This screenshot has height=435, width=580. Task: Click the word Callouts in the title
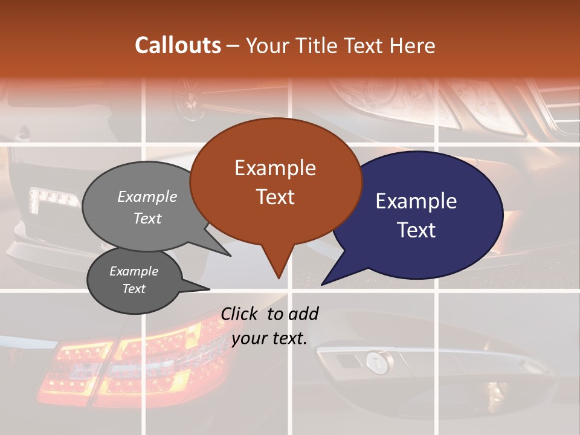(178, 45)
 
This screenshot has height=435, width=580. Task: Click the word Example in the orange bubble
(275, 168)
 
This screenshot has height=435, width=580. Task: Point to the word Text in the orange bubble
(275, 196)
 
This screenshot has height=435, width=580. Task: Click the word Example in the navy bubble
(416, 201)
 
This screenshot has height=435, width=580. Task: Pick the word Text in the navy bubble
(416, 230)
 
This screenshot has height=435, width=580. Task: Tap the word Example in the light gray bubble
(147, 196)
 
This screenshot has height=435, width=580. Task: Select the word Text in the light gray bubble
(147, 218)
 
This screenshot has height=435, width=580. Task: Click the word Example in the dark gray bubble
(134, 271)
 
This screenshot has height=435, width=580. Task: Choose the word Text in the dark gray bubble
(134, 289)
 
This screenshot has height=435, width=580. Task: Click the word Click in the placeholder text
(240, 314)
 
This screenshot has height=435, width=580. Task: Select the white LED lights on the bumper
(54, 198)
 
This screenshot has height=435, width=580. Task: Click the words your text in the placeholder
(269, 338)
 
